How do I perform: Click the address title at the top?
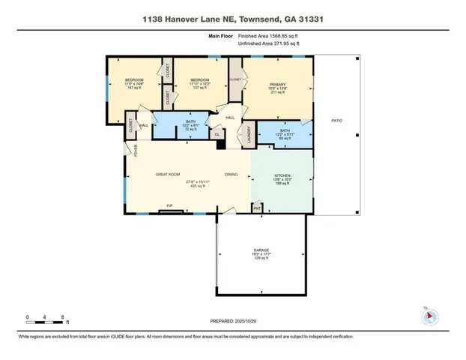pos(232,17)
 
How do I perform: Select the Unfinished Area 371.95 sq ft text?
pos(267,44)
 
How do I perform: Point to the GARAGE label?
pos(261,250)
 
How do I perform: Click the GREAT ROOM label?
pos(169,174)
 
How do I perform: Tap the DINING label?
pos(232,174)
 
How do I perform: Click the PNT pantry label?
pos(257,207)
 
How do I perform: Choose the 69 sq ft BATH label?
pos(285,133)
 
